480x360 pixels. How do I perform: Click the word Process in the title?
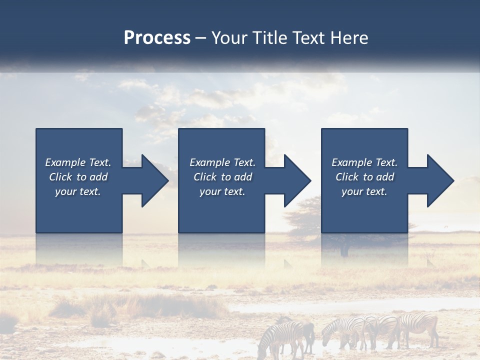[x=157, y=38]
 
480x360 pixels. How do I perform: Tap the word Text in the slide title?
[x=307, y=38]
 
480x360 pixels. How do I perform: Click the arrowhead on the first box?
[x=154, y=180]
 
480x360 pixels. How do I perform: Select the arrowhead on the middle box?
[x=297, y=180]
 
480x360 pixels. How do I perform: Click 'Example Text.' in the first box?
[x=78, y=162]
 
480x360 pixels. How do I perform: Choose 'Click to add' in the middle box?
[x=222, y=177]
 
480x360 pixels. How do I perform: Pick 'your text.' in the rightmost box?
[x=364, y=191]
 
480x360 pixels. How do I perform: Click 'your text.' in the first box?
[x=78, y=191]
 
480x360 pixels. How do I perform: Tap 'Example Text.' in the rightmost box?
[x=364, y=162]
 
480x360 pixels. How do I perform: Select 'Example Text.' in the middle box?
[x=222, y=162]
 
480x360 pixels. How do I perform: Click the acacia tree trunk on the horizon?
[x=344, y=248]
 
